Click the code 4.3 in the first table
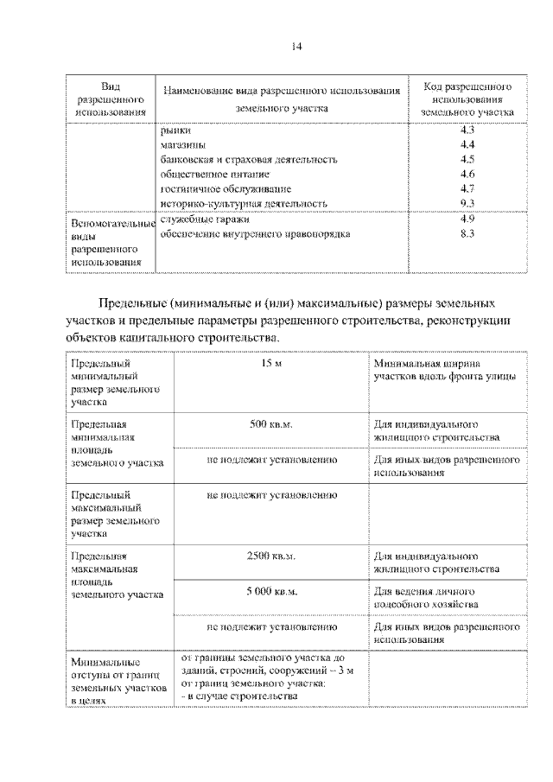click(x=467, y=130)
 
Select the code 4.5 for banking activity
click(x=467, y=159)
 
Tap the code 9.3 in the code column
click(x=467, y=203)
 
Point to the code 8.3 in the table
click(x=467, y=233)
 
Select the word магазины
click(x=183, y=144)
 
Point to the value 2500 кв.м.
click(x=272, y=556)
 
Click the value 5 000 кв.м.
click(x=272, y=592)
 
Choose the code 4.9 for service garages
click(x=467, y=219)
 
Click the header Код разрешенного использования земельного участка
click(x=467, y=99)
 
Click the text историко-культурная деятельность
click(x=244, y=204)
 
